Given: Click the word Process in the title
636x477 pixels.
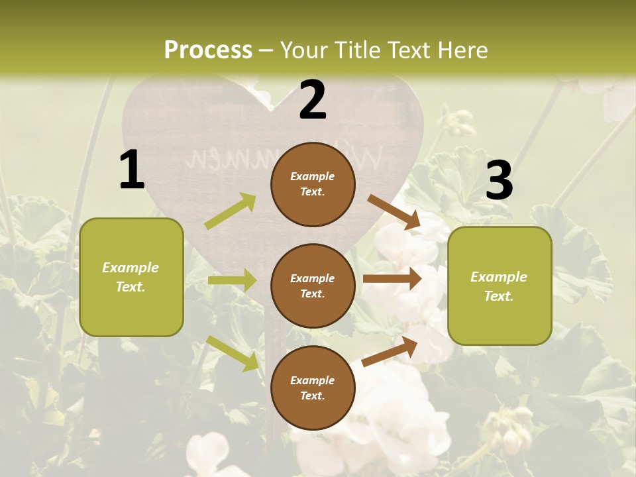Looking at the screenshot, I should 208,50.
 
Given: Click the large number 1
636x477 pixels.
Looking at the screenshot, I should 132,170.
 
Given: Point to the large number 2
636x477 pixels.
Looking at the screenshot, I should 313,100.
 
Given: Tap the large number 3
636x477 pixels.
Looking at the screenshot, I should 499,180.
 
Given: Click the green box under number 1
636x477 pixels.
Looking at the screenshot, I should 131,277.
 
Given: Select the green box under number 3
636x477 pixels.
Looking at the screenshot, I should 500,286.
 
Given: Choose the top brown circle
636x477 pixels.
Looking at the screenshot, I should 313,184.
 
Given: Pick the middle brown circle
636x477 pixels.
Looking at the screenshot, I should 313,286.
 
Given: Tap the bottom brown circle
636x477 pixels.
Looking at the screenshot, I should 313,388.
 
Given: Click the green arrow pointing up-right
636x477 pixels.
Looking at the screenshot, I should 231,211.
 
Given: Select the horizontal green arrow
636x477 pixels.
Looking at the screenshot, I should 232,280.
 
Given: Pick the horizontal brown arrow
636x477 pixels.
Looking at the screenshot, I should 392,279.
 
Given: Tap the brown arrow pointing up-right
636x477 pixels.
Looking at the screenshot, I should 390,352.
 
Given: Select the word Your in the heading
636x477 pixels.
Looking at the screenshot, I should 304,50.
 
